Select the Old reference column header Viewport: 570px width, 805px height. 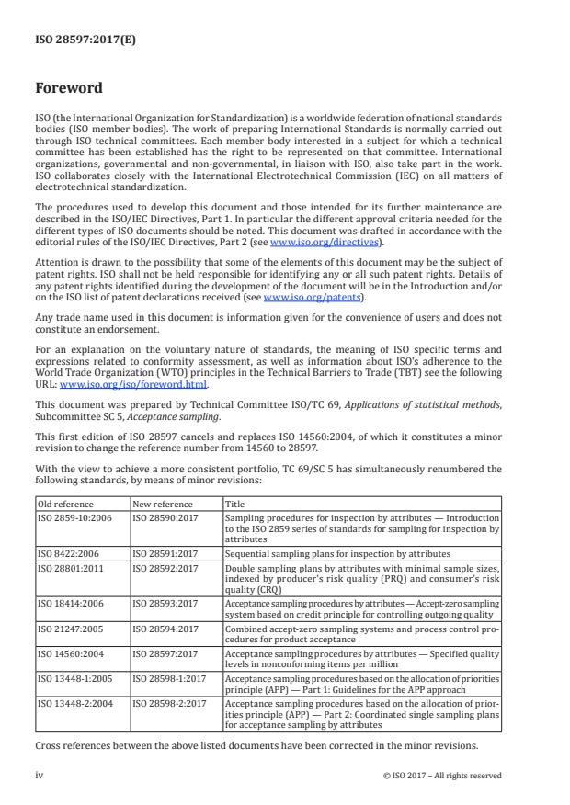(x=63, y=504)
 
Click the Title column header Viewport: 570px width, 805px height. (x=235, y=504)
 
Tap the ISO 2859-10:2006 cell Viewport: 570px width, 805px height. (x=73, y=518)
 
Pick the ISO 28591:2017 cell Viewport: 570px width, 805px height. (x=165, y=555)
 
